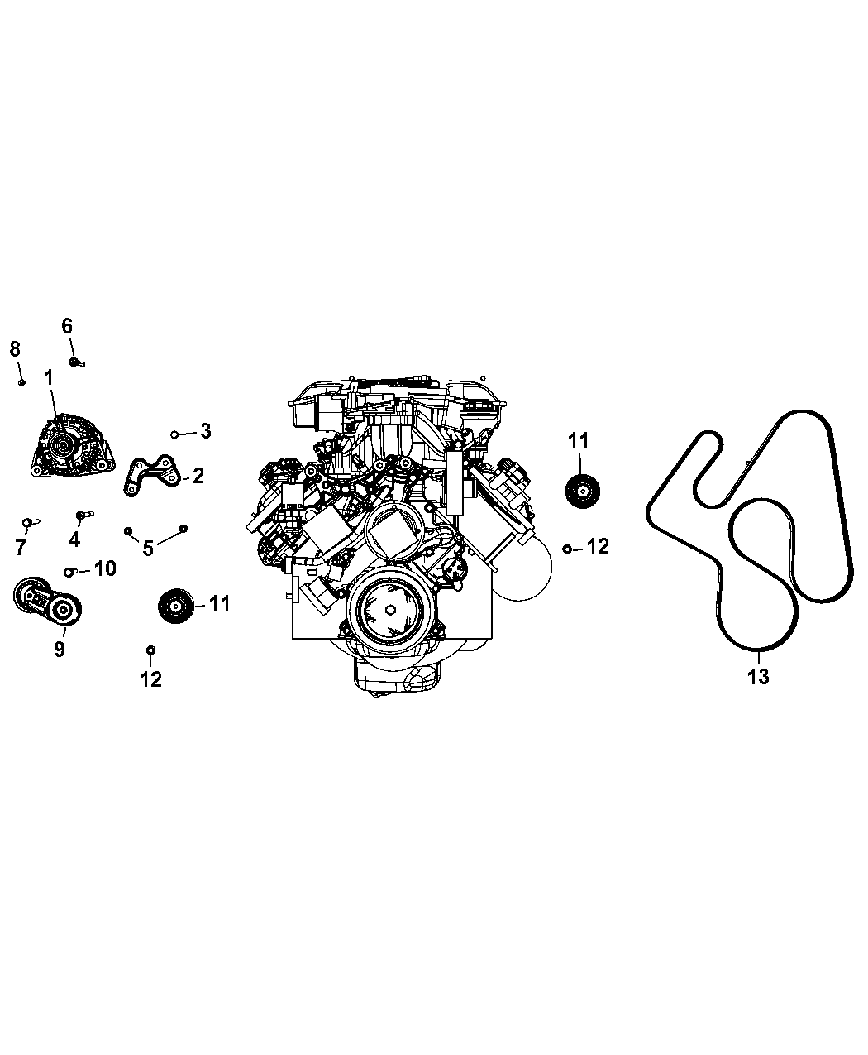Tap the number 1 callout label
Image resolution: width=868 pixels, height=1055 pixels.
[x=49, y=378]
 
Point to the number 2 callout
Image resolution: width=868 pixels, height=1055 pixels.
[x=198, y=476]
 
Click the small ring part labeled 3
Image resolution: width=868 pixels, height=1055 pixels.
[x=175, y=434]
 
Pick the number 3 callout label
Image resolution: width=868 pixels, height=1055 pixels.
[x=205, y=431]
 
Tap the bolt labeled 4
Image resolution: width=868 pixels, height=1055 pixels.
[x=81, y=515]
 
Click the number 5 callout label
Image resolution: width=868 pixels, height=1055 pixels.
[x=148, y=548]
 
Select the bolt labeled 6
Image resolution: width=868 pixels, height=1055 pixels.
[x=76, y=362]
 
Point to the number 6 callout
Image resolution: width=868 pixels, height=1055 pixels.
[x=68, y=326]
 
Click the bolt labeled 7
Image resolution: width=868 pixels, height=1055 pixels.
[x=28, y=522]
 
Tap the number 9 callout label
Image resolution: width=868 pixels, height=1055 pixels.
[x=60, y=650]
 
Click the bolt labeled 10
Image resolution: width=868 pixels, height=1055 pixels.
[x=71, y=572]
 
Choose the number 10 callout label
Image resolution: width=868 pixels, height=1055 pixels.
[x=105, y=569]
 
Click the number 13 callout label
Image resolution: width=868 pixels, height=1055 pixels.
[x=758, y=676]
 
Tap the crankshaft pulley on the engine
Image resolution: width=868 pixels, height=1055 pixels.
[x=389, y=611]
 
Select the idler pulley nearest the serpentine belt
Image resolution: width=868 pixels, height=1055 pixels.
[x=583, y=492]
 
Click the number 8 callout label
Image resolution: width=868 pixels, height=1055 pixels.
[x=15, y=349]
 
